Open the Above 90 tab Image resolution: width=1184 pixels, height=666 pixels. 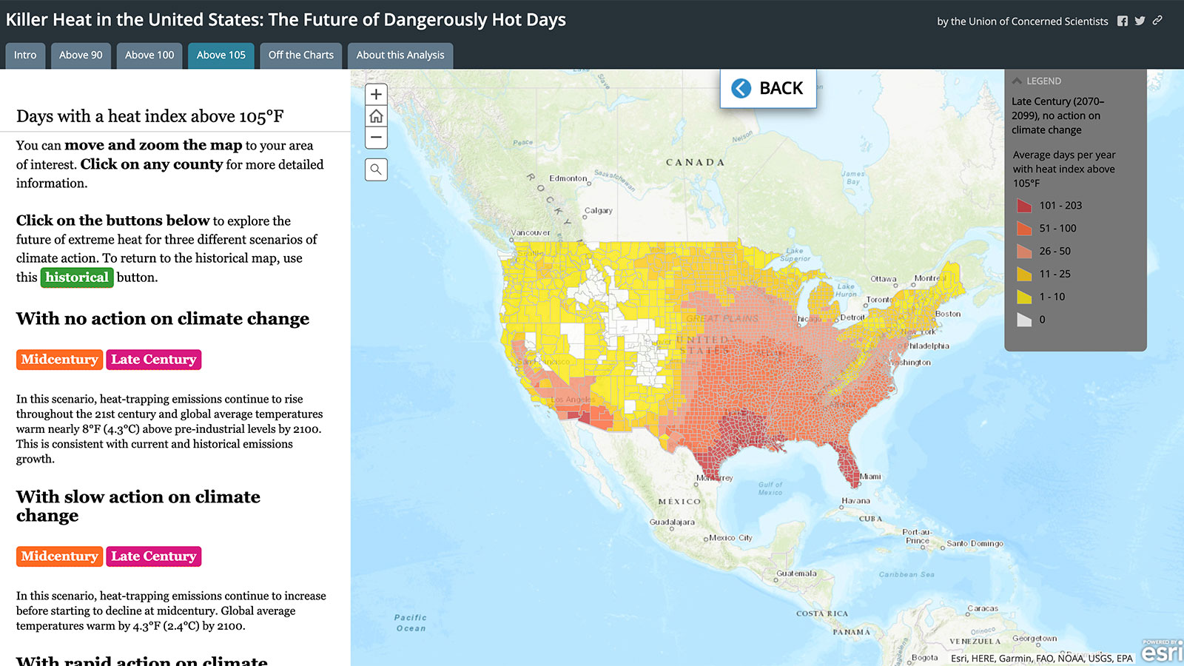coord(81,55)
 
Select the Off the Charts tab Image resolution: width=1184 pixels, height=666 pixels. coord(300,55)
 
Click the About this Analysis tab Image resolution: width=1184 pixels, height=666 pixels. coord(400,55)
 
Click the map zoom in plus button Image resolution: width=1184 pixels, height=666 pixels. coord(376,94)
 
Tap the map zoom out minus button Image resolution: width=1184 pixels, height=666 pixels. coord(376,137)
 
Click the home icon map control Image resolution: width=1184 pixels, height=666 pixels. coord(376,116)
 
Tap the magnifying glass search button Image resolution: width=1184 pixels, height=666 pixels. coord(376,169)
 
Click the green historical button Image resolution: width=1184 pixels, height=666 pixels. coord(77,277)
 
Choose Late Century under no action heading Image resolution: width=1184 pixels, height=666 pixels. coord(153,360)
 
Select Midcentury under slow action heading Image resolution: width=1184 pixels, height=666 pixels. coord(59,556)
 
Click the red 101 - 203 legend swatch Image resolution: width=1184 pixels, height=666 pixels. coord(1024,206)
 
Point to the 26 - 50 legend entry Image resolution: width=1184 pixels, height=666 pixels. coord(1054,252)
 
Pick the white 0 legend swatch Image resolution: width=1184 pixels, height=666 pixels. coord(1024,320)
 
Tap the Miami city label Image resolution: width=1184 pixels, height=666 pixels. coord(870,477)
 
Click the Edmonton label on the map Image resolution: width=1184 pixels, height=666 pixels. coord(568,178)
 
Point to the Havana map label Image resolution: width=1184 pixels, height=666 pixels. coord(855,501)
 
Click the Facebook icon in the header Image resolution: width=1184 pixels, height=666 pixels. coord(1123,21)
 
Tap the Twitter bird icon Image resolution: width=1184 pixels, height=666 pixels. coord(1140,21)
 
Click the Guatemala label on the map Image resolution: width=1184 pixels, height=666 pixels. coord(796,573)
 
